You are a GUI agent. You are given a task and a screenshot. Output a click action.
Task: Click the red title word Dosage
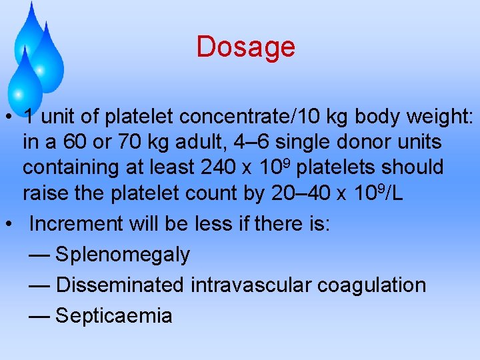pos(245,47)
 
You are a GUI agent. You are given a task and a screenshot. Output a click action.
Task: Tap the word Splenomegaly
pos(123,255)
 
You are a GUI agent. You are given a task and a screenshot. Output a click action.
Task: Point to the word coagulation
pos(371,285)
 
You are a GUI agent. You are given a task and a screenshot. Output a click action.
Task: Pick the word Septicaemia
pos(114,315)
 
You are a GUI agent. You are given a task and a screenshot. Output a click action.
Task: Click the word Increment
pos(73,224)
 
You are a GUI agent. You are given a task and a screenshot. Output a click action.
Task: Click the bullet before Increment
pos(11,224)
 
